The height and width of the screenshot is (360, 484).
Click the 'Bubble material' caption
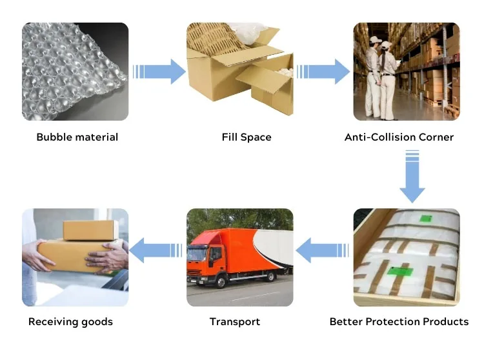pos(77,137)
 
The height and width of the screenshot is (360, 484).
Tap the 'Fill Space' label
pos(247,137)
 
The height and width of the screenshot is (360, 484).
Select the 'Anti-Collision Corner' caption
pos(399,137)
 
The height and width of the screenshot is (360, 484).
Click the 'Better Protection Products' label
pos(399,321)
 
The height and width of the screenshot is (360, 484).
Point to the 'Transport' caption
pos(235,321)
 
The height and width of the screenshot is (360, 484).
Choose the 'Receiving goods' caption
pos(70,321)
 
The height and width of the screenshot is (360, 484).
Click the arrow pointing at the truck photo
pos(321,250)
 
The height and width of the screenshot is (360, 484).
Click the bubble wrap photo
pos(75,72)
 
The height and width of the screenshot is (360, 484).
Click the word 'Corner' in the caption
pos(435,137)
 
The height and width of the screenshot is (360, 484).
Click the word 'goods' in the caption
pos(97,321)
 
